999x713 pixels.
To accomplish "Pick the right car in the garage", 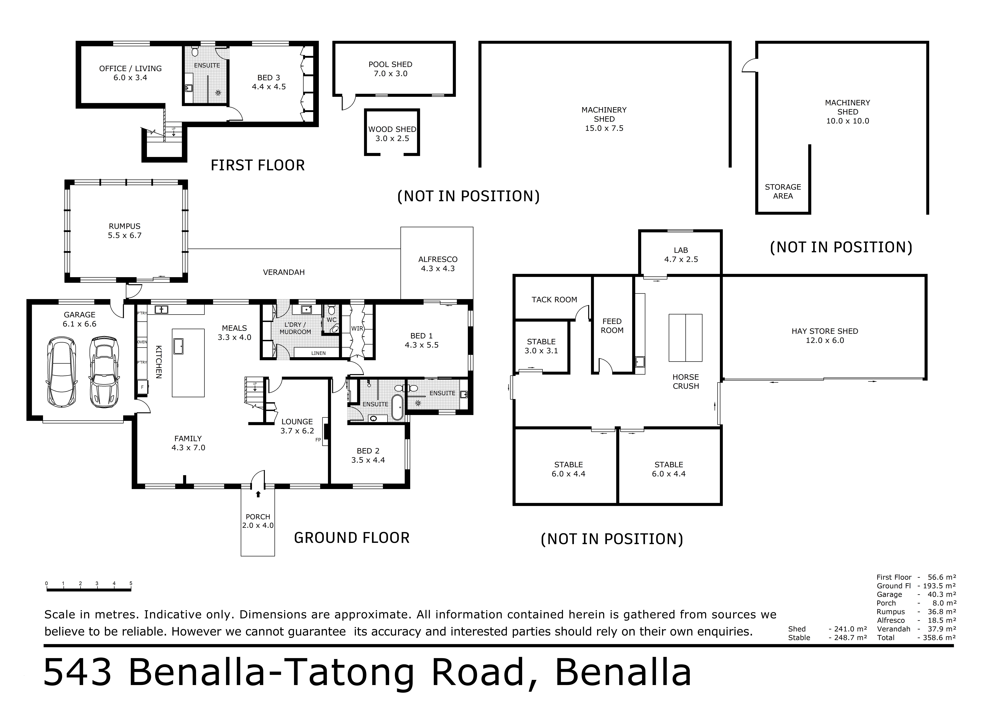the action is click(x=104, y=371).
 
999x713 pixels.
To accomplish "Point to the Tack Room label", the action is click(x=554, y=299).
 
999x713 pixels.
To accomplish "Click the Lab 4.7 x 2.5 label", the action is click(x=681, y=255).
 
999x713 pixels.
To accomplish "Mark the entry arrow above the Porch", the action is click(x=258, y=494).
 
